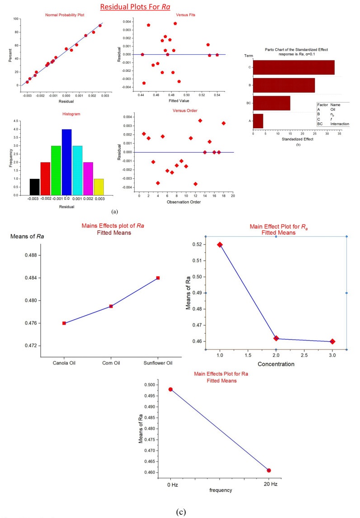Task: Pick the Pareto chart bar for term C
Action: (x=294, y=67)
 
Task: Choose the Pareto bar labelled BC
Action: (x=271, y=103)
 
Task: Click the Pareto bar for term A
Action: (x=258, y=121)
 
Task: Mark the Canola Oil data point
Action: (x=64, y=323)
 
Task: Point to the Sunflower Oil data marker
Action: (x=158, y=278)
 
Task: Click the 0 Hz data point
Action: (x=170, y=389)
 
